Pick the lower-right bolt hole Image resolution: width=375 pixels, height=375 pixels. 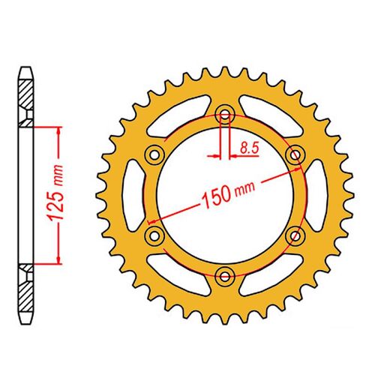click(x=295, y=235)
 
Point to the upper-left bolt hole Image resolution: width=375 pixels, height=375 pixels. click(x=156, y=153)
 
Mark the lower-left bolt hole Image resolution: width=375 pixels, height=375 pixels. click(x=156, y=235)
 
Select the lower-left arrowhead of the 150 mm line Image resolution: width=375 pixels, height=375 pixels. click(x=152, y=221)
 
